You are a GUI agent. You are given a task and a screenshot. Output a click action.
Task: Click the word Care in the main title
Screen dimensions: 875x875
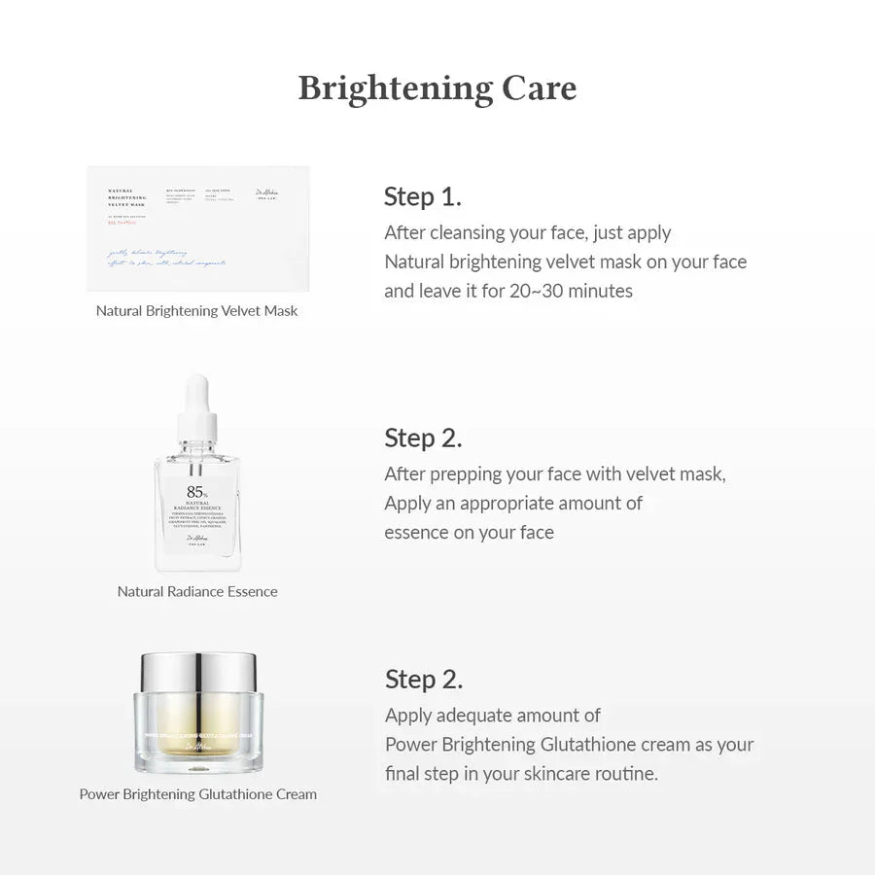coord(539,88)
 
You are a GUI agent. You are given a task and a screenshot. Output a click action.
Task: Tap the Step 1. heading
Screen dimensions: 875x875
coord(422,196)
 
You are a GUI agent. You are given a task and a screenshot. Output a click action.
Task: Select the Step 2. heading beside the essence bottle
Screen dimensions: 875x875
coord(423,437)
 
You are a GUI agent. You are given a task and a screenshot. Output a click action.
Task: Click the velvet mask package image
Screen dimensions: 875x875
coord(197,228)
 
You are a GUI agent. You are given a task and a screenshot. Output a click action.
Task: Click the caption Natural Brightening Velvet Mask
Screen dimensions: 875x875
coord(197,311)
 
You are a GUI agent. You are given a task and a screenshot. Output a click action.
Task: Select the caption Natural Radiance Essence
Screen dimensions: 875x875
coord(197,591)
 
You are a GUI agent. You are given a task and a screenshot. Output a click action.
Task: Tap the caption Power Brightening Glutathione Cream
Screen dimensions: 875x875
coord(197,794)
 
